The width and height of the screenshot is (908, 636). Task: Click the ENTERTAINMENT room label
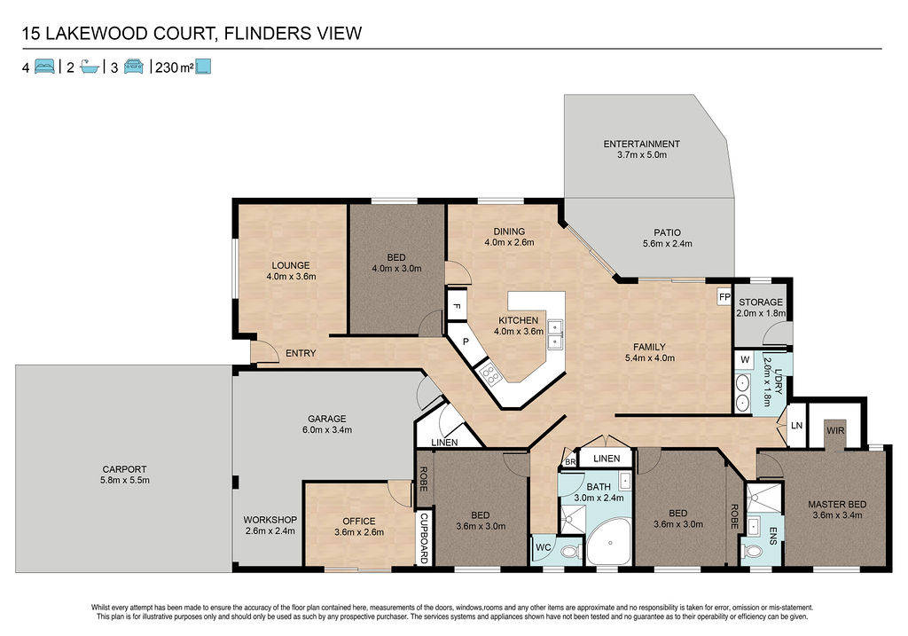pos(641,144)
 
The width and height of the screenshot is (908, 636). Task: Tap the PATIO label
pos(667,233)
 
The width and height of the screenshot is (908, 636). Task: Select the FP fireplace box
pos(724,297)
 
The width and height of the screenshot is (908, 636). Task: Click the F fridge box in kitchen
pos(456,305)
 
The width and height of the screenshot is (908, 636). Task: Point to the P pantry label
pos(465,342)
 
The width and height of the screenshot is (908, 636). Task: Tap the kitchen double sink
pos(555,334)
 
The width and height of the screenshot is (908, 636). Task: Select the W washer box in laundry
pos(745,360)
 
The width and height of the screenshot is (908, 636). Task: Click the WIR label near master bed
pos(835,430)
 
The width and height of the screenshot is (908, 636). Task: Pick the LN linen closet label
pos(796,425)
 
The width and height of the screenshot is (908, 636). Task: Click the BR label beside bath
pos(570,461)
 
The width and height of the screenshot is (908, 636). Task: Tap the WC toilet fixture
pos(570,552)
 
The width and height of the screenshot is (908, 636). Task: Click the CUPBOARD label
pos(424,538)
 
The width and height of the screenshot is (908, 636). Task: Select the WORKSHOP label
pos(270,520)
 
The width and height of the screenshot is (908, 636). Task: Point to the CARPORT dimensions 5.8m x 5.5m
pos(124,480)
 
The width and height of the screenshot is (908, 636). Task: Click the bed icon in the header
pos(44,67)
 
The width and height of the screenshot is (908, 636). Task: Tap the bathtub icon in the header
pos(89,67)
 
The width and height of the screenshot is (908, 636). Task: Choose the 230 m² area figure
pos(175,67)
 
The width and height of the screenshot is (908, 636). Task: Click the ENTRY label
pos(301,353)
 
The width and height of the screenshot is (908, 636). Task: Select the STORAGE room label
pos(760,302)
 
